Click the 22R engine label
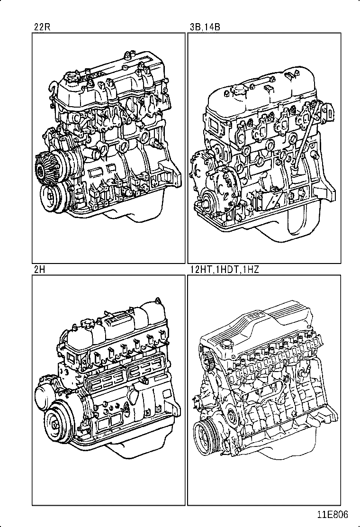pyautogui.click(x=41, y=27)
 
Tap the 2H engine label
pyautogui.click(x=39, y=270)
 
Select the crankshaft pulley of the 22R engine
pyautogui.click(x=52, y=195)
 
